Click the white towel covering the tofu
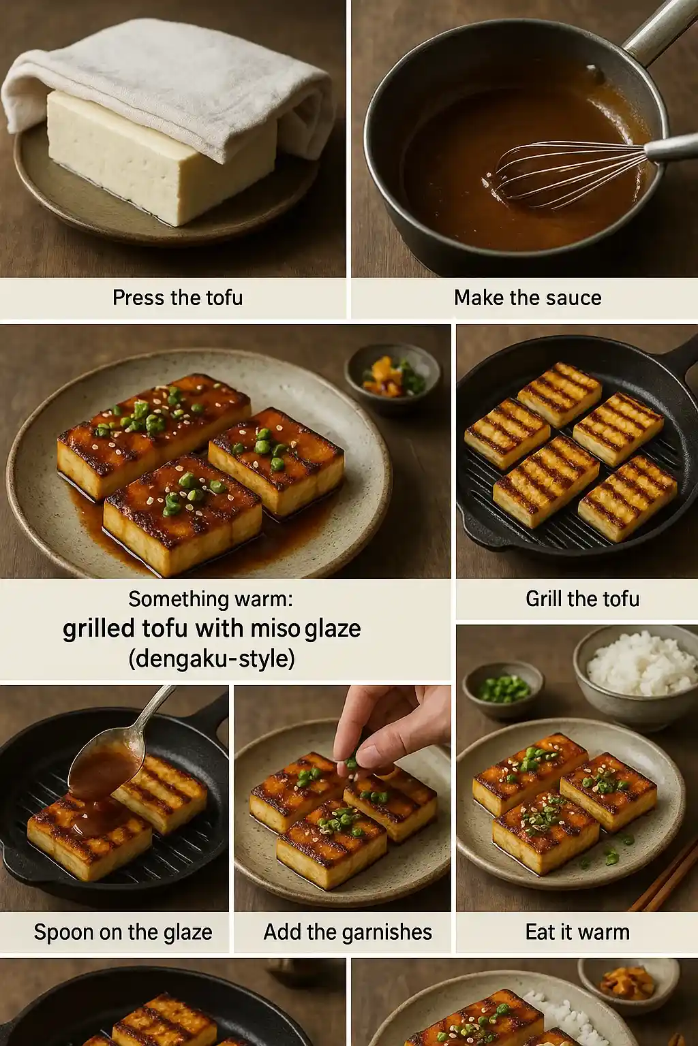pyautogui.click(x=170, y=75)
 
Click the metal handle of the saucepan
pyautogui.click(x=658, y=31)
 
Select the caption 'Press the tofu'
pyautogui.click(x=177, y=298)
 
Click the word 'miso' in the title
pyautogui.click(x=275, y=629)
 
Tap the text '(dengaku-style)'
pyautogui.click(x=211, y=659)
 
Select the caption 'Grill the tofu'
pyautogui.click(x=582, y=599)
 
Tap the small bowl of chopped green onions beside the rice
pyautogui.click(x=503, y=689)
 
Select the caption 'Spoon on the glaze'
pyautogui.click(x=123, y=932)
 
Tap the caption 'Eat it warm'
pyautogui.click(x=577, y=932)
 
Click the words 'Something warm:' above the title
pyautogui.click(x=210, y=599)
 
